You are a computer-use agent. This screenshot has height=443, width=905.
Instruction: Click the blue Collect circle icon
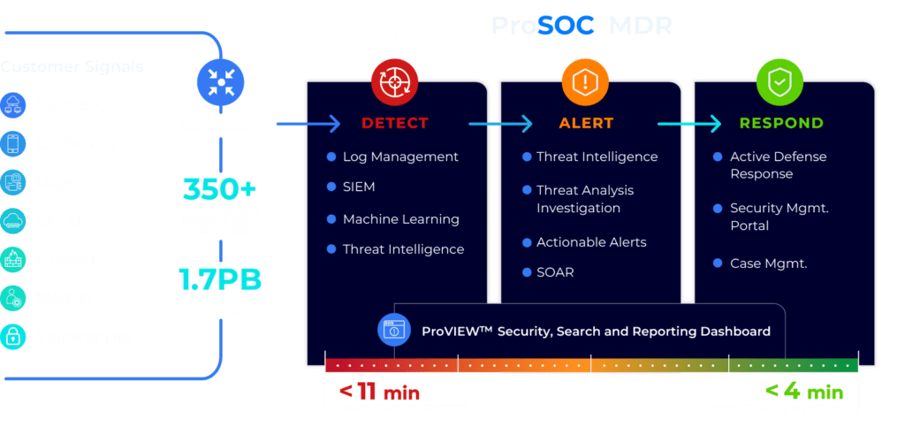pos(220,82)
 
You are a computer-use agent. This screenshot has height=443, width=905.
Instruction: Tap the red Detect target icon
pos(393,82)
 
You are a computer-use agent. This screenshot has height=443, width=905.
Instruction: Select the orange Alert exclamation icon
pos(585,82)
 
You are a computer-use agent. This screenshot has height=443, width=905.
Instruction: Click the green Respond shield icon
pos(780,82)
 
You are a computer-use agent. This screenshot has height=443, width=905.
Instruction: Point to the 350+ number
pos(220,189)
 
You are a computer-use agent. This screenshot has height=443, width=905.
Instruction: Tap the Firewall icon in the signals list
pos(14,259)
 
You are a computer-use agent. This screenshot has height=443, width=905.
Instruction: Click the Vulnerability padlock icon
pos(14,336)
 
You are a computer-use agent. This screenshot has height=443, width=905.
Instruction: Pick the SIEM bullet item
pos(359,187)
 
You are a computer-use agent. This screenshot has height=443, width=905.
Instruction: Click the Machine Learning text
pos(401,218)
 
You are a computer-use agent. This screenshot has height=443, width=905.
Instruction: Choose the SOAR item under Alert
pos(555,272)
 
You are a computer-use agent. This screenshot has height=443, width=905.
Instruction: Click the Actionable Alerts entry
pos(591,242)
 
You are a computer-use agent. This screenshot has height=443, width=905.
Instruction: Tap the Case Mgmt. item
pos(768,263)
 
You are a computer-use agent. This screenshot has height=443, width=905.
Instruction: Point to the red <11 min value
pos(379,392)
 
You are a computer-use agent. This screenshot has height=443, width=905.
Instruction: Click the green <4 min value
pos(803,392)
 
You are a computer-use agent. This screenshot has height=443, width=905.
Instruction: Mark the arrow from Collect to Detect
pos(308,125)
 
